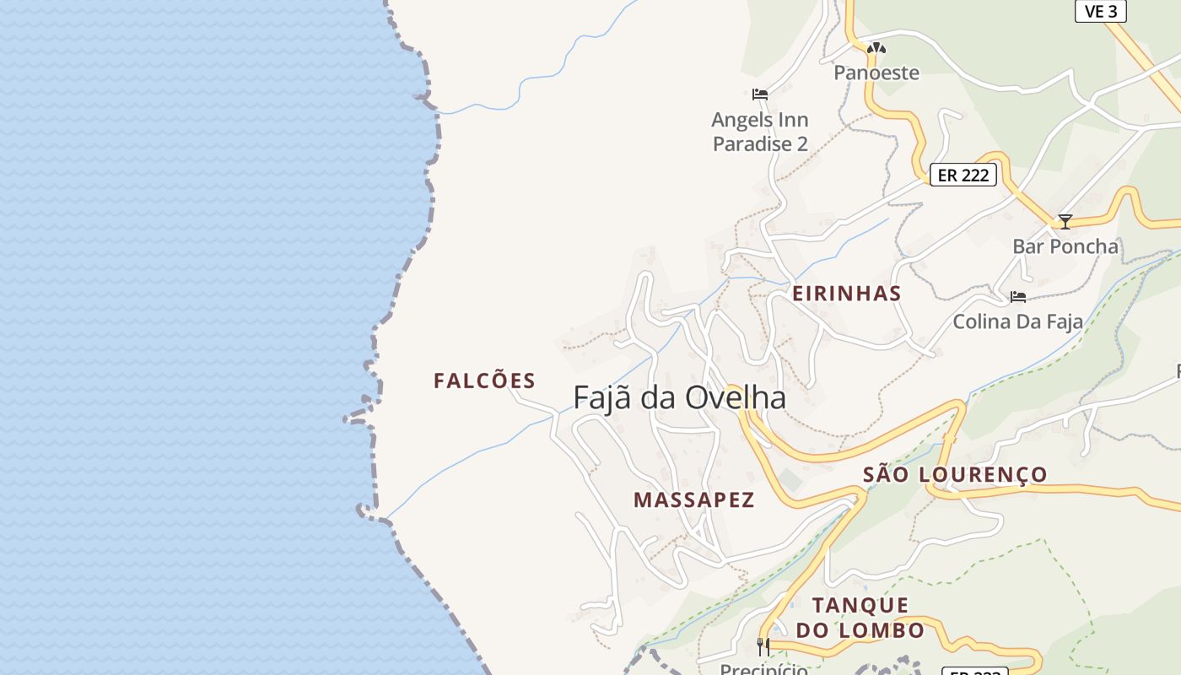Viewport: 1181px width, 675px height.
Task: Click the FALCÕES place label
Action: click(484, 381)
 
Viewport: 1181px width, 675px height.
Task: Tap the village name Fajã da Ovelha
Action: click(679, 397)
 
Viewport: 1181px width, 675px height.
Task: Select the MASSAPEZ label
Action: click(693, 499)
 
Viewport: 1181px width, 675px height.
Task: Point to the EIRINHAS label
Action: click(846, 294)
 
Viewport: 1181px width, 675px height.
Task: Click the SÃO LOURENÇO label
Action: click(955, 474)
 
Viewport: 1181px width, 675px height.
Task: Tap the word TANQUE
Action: click(860, 605)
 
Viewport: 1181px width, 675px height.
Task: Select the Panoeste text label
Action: click(876, 73)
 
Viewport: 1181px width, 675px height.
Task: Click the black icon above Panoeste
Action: click(876, 49)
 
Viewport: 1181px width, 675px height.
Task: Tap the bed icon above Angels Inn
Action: click(759, 94)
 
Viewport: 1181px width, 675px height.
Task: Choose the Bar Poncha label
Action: click(1065, 246)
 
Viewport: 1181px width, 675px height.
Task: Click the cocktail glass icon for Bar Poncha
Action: click(1065, 222)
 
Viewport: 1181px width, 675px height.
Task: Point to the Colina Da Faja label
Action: click(1017, 321)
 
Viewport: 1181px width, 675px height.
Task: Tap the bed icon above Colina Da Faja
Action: click(1017, 297)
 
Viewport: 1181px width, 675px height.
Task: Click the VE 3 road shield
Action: click(1101, 11)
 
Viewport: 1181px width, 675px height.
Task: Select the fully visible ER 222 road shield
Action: click(963, 175)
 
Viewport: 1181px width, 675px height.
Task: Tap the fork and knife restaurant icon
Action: click(763, 647)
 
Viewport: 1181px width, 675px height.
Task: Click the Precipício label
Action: click(763, 669)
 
